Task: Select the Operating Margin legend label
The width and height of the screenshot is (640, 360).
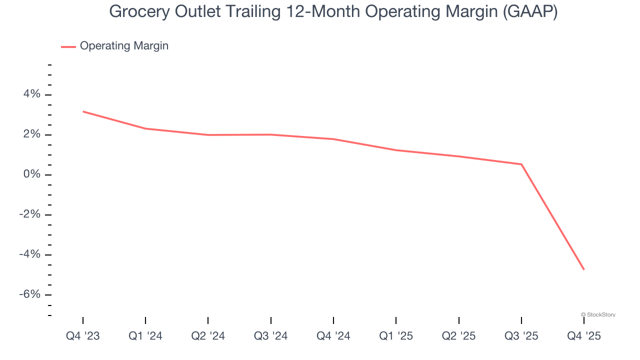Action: tap(124, 46)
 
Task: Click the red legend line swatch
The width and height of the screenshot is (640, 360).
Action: tap(68, 46)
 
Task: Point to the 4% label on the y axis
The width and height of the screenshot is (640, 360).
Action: tap(30, 94)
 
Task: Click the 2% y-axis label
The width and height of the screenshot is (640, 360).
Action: tap(30, 134)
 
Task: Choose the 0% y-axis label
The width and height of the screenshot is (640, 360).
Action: tap(30, 174)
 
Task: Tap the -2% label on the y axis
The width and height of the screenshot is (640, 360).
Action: tap(29, 214)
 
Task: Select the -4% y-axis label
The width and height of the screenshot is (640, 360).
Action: tap(29, 254)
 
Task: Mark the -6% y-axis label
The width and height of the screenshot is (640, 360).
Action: tap(29, 294)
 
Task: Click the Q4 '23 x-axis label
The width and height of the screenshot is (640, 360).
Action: tap(83, 336)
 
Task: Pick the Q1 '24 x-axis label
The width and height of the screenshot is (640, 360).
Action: tap(145, 336)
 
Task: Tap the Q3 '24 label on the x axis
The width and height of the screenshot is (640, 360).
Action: tap(271, 336)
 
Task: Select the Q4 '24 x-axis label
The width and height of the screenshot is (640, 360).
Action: tap(333, 336)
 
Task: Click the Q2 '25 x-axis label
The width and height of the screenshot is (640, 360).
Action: tap(459, 336)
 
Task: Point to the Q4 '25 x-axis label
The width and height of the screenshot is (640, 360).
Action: tap(584, 336)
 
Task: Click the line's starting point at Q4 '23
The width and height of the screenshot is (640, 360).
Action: tap(83, 111)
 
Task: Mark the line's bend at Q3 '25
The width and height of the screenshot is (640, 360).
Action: tap(521, 164)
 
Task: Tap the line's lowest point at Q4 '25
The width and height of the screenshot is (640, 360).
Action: tap(584, 269)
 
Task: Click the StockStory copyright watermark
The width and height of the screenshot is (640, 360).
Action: tap(598, 314)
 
